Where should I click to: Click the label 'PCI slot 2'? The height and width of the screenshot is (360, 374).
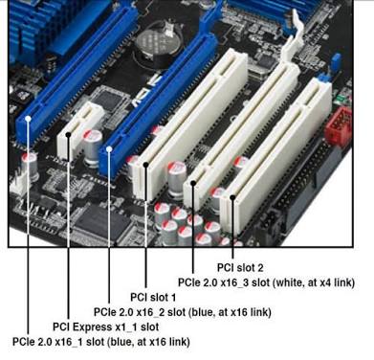click(x=240, y=267)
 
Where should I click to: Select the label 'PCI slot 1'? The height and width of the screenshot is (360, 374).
click(x=153, y=297)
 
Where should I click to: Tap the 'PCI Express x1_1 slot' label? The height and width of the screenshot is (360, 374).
click(x=106, y=326)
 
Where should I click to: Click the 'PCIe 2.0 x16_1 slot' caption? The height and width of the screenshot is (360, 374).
click(x=58, y=342)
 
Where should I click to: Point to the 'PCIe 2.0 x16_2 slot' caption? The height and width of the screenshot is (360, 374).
click(x=140, y=312)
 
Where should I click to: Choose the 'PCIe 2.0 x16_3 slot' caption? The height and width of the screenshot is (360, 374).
click(x=224, y=282)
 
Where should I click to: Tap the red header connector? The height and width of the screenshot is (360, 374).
click(x=339, y=125)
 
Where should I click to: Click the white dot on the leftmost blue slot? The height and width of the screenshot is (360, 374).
click(x=28, y=119)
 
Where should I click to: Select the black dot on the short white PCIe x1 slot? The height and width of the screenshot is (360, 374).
click(x=68, y=134)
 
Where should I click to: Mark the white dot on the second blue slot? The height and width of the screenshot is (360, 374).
click(x=109, y=149)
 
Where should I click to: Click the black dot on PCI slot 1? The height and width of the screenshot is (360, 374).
click(x=146, y=165)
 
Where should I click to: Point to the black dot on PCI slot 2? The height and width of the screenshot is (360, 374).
click(x=232, y=197)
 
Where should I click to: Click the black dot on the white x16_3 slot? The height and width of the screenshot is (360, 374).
click(x=193, y=183)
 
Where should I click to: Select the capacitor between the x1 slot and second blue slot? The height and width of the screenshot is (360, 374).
click(x=93, y=147)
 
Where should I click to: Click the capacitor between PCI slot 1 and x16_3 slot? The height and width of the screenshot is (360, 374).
click(x=177, y=179)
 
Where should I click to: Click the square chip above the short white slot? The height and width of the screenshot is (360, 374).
click(x=109, y=98)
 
